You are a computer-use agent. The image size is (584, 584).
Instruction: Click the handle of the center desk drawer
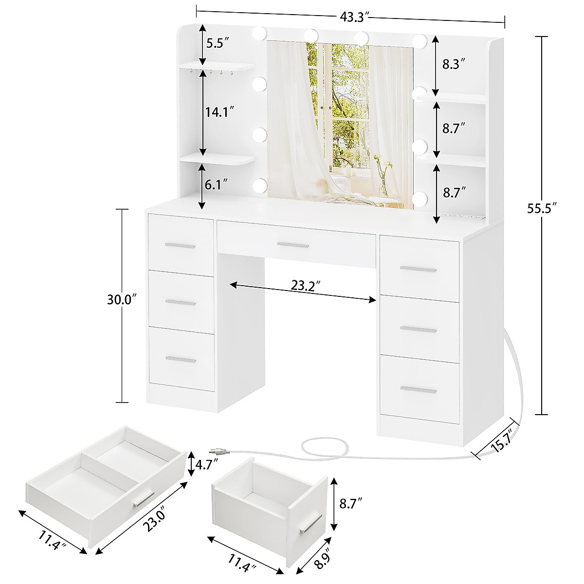[292, 245]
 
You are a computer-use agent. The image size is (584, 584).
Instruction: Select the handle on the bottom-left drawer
[181, 360]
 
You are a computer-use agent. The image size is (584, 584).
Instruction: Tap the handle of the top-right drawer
[418, 269]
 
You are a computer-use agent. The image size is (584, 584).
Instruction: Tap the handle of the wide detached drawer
[142, 500]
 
